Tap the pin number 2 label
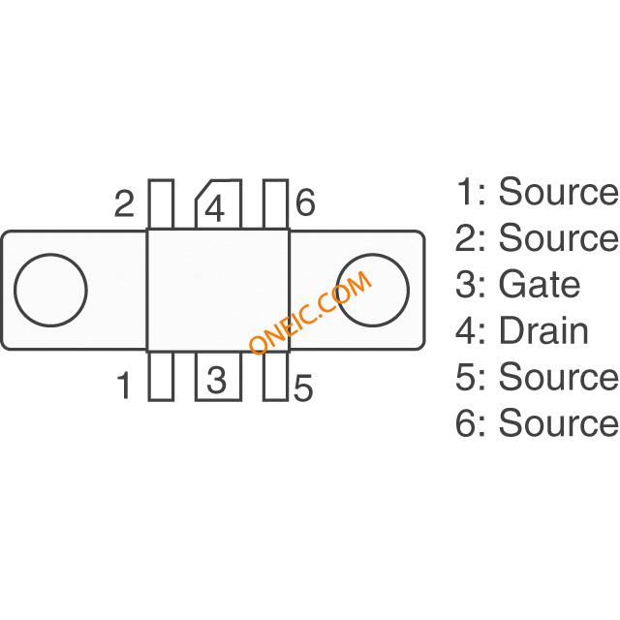click(124, 204)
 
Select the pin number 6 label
click(305, 203)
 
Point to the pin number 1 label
click(124, 387)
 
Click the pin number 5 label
click(303, 389)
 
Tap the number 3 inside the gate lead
click(217, 379)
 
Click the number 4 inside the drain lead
click(217, 209)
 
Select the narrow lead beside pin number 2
click(161, 204)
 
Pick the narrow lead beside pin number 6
click(276, 204)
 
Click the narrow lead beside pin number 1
click(161, 375)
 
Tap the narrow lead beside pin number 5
click(276, 375)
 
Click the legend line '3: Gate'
click(518, 285)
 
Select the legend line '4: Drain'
click(522, 330)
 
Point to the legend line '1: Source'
click(537, 193)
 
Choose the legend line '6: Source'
click(537, 423)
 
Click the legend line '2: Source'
click(537, 238)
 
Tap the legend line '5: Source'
click(537, 377)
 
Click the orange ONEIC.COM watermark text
click(309, 313)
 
